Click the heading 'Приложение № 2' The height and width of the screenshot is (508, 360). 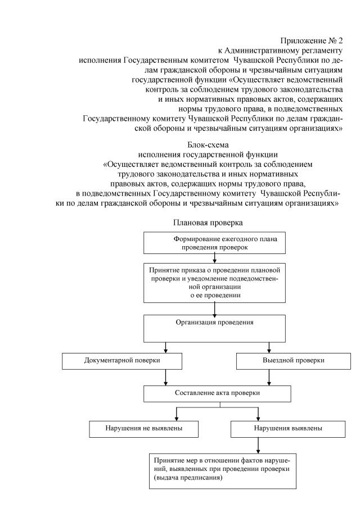310,40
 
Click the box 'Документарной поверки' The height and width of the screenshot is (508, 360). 122,360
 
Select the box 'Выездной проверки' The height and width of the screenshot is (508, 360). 289,360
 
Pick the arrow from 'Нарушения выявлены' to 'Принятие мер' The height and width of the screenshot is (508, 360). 258,444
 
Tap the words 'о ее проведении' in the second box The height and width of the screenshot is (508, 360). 214,294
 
